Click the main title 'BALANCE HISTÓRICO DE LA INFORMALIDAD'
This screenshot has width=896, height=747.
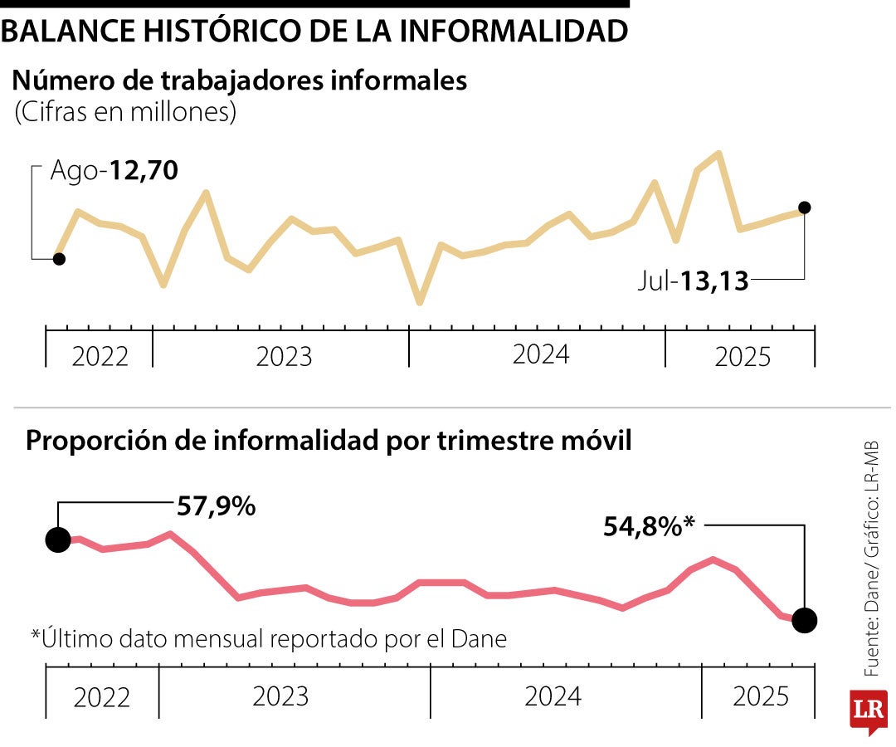pyautogui.click(x=314, y=31)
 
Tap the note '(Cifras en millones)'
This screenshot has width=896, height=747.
pyautogui.click(x=125, y=112)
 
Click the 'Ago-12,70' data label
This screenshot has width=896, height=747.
pyautogui.click(x=114, y=171)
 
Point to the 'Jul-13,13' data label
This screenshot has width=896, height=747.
pyautogui.click(x=694, y=281)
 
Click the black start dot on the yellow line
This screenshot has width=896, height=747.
pyautogui.click(x=58, y=259)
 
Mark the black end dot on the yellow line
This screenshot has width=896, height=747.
pyautogui.click(x=804, y=207)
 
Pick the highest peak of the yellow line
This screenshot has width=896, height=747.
pyautogui.click(x=718, y=154)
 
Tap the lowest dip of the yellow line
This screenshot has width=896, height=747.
pyautogui.click(x=420, y=302)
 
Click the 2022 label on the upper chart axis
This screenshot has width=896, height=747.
pyautogui.click(x=100, y=357)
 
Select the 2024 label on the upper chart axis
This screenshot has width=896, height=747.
pyautogui.click(x=541, y=354)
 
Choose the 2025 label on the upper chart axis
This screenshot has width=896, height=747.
pyautogui.click(x=743, y=358)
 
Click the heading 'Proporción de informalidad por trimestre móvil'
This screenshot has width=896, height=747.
pyautogui.click(x=329, y=441)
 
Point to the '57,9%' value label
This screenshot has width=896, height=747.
pyautogui.click(x=215, y=505)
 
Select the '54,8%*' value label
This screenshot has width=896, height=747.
pyautogui.click(x=649, y=525)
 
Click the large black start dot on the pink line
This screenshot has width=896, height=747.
pyautogui.click(x=58, y=539)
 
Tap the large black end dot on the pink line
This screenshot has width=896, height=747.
pyautogui.click(x=804, y=619)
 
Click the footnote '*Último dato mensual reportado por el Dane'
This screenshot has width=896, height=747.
pyautogui.click(x=268, y=639)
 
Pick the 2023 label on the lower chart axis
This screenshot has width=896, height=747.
pyautogui.click(x=280, y=696)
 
